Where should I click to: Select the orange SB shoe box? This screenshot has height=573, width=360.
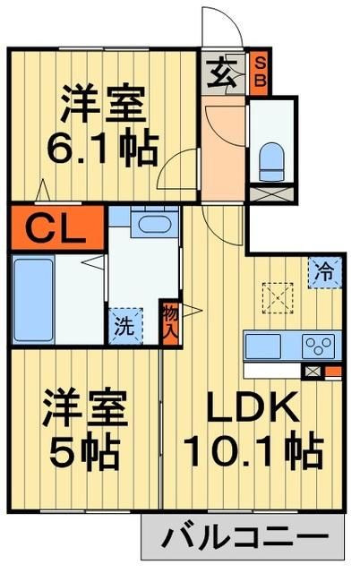click(x=260, y=73)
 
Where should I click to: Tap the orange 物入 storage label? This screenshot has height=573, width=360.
click(x=170, y=321)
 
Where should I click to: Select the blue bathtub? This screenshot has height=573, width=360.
click(x=33, y=299)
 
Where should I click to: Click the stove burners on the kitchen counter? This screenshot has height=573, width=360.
click(x=318, y=346)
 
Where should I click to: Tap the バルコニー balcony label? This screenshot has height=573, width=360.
click(x=242, y=539)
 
